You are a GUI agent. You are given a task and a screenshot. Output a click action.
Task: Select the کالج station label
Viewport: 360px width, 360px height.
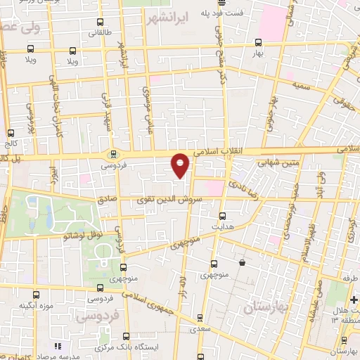point(10,144)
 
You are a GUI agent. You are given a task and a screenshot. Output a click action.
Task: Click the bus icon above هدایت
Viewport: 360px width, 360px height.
point(223,216)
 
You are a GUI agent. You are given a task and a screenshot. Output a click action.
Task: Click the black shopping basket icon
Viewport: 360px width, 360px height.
point(242,262)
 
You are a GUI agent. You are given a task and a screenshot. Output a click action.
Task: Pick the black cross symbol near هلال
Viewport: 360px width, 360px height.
point(354,299)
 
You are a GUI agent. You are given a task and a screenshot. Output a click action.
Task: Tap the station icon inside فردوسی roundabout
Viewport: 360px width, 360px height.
point(112,154)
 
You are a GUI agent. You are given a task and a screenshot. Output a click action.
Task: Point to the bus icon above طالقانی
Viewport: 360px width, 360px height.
point(99,22)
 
